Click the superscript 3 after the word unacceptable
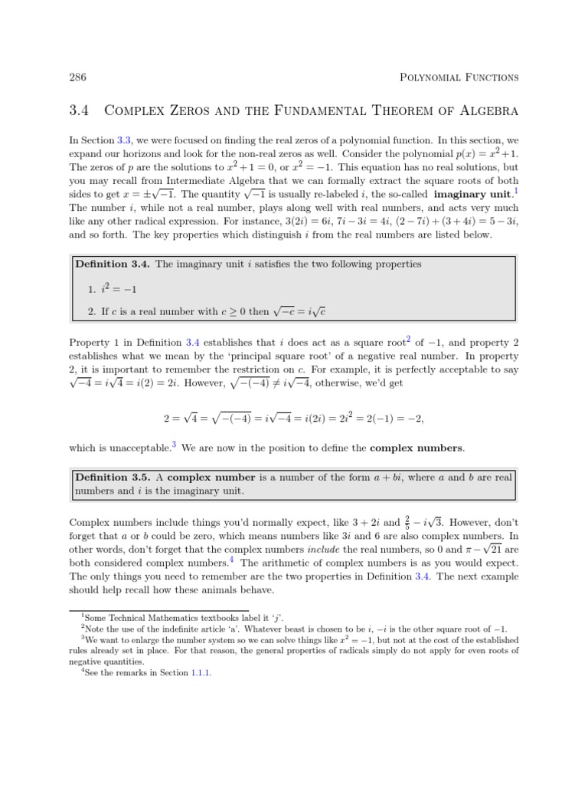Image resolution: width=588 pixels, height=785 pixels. (174, 444)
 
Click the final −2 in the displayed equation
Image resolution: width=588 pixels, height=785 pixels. (412, 419)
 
